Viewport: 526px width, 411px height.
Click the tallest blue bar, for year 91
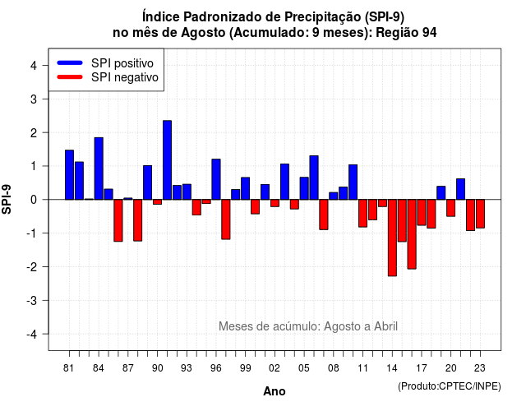coord(167,160)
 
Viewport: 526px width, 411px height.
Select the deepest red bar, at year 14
coord(392,238)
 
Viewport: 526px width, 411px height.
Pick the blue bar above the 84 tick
coord(99,169)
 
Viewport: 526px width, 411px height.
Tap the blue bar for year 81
coord(69,175)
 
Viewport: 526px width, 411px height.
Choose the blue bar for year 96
coord(216,179)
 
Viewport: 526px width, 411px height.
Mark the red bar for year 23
coord(480,214)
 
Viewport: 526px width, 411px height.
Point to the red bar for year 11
coord(362,214)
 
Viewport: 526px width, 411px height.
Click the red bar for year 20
coord(451,208)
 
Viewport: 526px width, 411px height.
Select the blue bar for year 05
coord(304,188)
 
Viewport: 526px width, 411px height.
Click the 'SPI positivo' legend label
coord(122,63)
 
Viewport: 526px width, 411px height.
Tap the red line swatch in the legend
coord(70,77)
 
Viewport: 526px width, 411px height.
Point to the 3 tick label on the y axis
coord(34,99)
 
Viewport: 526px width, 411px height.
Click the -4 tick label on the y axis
coord(32,335)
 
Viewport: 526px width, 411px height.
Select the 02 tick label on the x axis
coord(275,368)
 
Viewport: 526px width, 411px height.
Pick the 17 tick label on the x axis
coord(422,368)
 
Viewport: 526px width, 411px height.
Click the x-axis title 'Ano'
coord(275,391)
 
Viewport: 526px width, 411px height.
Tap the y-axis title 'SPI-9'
coord(7,199)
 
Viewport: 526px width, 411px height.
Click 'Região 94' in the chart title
coord(406,33)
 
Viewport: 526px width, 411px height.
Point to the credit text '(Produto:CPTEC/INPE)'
coord(450,386)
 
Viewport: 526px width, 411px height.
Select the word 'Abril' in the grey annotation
coord(385,326)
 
